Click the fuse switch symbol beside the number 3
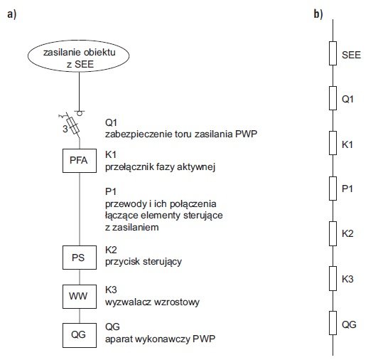(72, 125)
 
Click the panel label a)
(11, 14)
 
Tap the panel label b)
(318, 14)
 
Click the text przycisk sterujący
(144, 262)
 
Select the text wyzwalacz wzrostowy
(152, 302)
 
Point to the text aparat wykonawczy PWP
(160, 339)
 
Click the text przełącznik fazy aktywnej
(160, 167)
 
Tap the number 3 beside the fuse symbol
(65, 129)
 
